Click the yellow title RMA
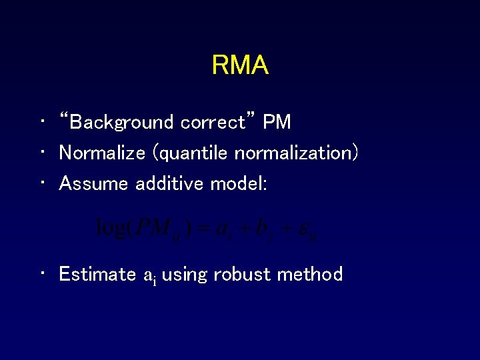click(240, 65)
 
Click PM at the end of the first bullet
click(277, 122)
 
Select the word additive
click(169, 183)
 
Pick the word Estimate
click(98, 274)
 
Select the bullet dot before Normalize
click(42, 153)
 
